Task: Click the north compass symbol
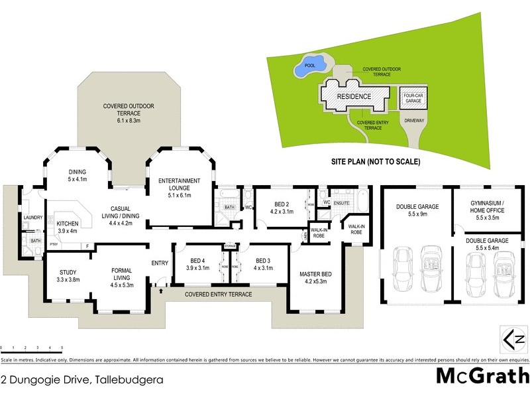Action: [x=514, y=340]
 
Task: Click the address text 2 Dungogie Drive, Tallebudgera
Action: [x=82, y=381]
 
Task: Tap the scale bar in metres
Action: [x=31, y=348]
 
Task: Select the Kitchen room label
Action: [x=68, y=227]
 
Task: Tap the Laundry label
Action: [x=32, y=217]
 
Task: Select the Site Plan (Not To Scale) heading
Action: [x=376, y=161]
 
